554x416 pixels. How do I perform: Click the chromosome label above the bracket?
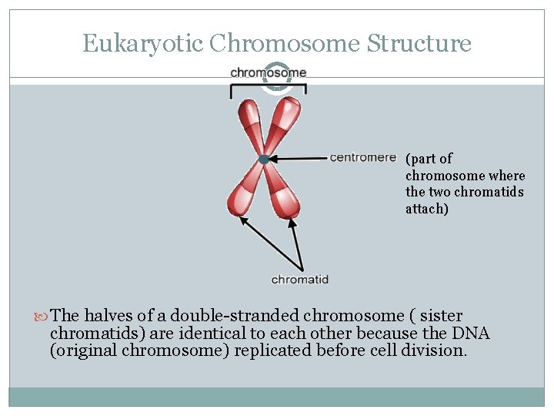coord(269,73)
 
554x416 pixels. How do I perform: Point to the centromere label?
coord(362,158)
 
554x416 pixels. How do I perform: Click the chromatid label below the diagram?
coord(300,280)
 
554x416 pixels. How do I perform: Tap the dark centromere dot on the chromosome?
coord(264,159)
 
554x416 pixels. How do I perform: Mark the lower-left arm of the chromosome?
coord(243,193)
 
